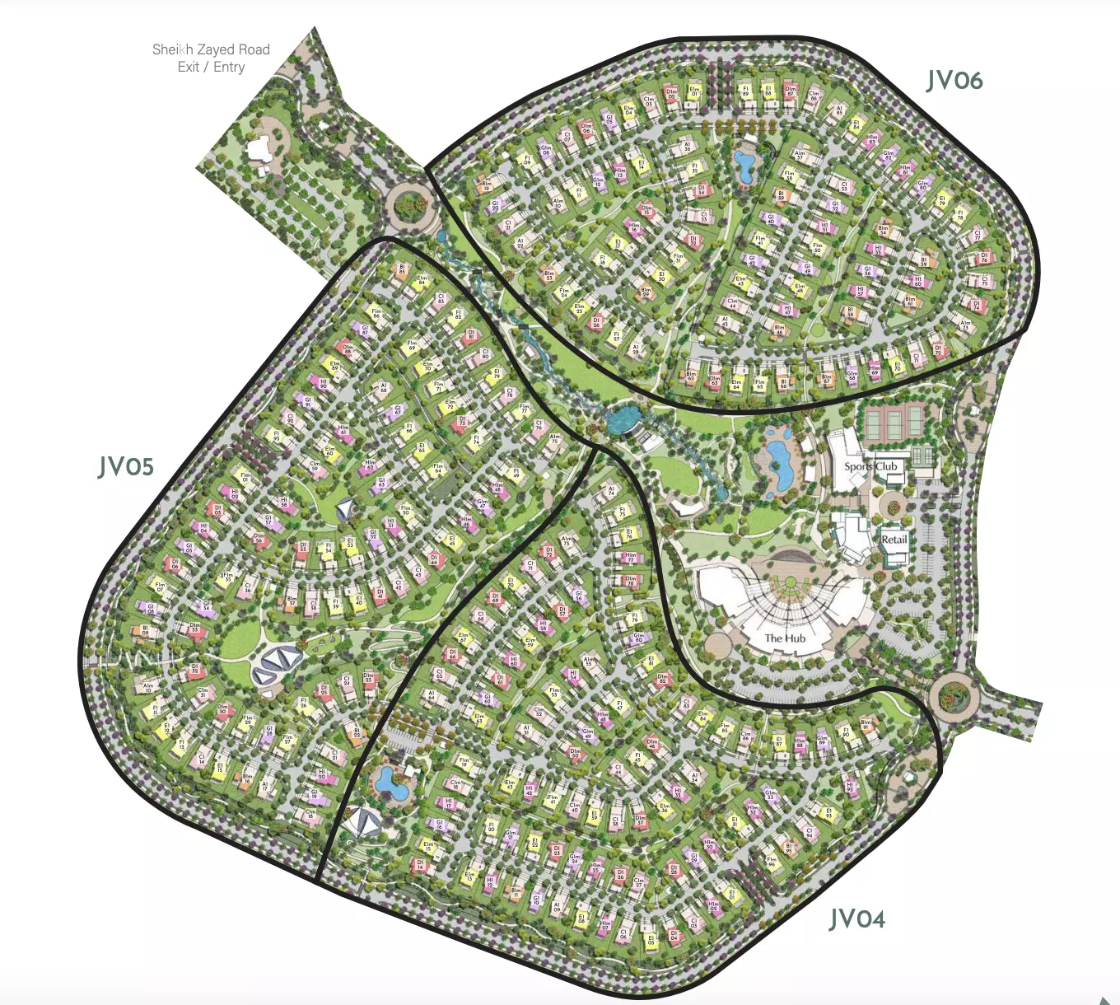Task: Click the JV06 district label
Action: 954,81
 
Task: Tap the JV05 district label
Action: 126,467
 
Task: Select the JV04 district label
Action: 857,919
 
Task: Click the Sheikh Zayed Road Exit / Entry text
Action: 211,58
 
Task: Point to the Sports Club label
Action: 870,466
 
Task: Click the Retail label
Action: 894,540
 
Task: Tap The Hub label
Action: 785,638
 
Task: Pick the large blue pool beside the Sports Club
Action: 779,464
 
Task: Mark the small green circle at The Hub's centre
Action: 791,582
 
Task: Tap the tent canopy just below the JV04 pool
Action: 363,822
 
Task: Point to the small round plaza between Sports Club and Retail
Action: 893,503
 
